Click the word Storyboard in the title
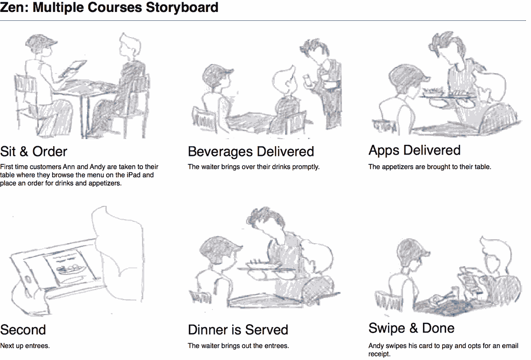click(x=182, y=8)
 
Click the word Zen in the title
click(x=13, y=8)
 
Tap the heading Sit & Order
click(x=34, y=151)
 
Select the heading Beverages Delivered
click(x=251, y=152)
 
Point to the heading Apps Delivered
click(x=414, y=151)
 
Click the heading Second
click(x=23, y=329)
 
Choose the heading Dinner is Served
click(x=238, y=329)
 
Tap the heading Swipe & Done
click(x=412, y=328)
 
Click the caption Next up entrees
click(x=25, y=346)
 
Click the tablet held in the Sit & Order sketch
click(x=72, y=68)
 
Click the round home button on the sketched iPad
click(x=28, y=279)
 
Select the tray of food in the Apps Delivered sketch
click(x=446, y=95)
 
